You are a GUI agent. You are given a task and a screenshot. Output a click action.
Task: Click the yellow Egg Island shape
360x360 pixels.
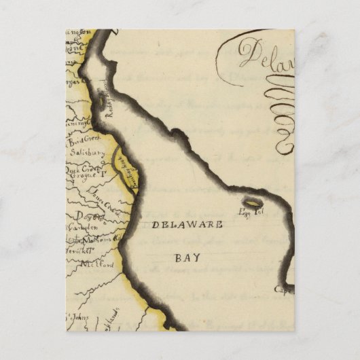(x=254, y=202)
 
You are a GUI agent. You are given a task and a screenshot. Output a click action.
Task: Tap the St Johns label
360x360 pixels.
(x=77, y=317)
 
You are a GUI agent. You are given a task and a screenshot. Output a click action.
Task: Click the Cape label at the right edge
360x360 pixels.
(x=285, y=289)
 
